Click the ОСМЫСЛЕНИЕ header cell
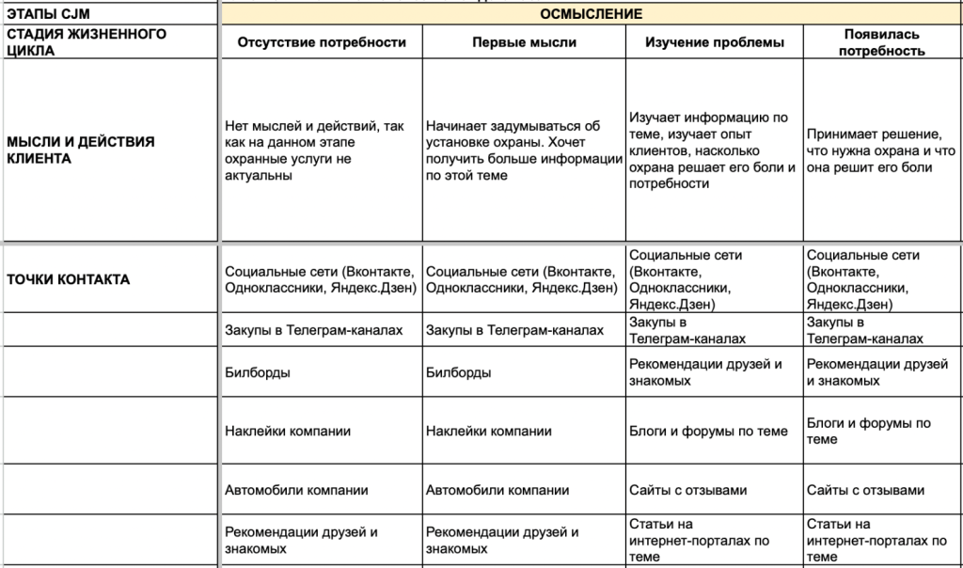592,14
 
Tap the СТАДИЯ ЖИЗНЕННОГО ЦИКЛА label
87,42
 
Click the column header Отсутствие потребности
322,42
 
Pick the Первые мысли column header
524,42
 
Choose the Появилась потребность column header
881,42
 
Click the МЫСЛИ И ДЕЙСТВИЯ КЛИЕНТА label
81,150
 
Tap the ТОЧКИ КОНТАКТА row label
68,279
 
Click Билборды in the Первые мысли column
459,372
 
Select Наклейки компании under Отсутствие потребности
288,432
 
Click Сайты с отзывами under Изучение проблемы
687,490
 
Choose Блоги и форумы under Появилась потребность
869,432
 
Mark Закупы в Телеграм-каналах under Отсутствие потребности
314,331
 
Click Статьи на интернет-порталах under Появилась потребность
876,540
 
